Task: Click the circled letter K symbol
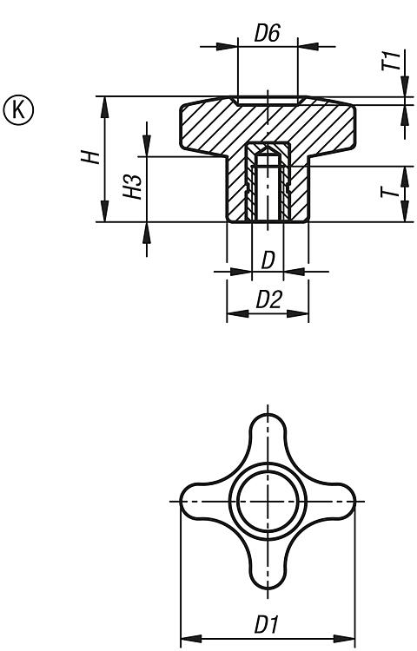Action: click(19, 110)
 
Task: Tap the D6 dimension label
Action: click(268, 33)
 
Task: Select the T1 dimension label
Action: click(393, 61)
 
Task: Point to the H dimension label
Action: click(90, 157)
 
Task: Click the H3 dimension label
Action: click(133, 186)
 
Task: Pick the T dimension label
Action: click(390, 192)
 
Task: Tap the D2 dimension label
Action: click(269, 299)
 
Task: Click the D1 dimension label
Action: click(266, 624)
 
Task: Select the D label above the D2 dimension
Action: click(268, 260)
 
